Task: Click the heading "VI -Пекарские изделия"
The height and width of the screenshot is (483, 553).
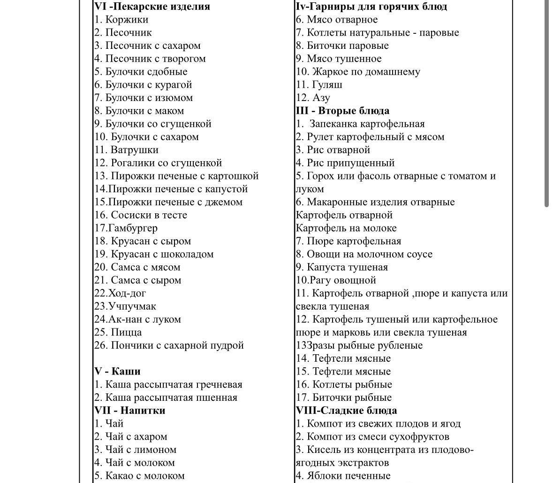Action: pyautogui.click(x=152, y=7)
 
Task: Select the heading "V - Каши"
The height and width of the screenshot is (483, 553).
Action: pyautogui.click(x=117, y=371)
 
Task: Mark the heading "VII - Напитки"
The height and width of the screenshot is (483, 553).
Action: pyautogui.click(x=129, y=410)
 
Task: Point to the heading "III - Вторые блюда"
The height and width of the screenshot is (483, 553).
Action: pyautogui.click(x=342, y=111)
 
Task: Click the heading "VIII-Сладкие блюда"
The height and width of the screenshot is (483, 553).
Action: pyautogui.click(x=346, y=410)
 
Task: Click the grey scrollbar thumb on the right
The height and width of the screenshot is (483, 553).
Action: pyautogui.click(x=546, y=103)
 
